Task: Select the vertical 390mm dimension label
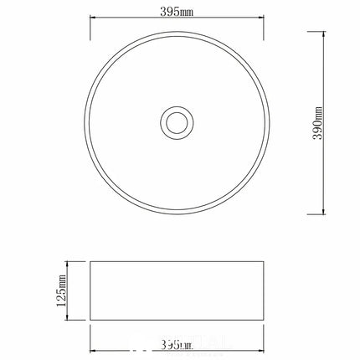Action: click(318, 123)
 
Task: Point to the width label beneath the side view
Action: click(178, 344)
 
